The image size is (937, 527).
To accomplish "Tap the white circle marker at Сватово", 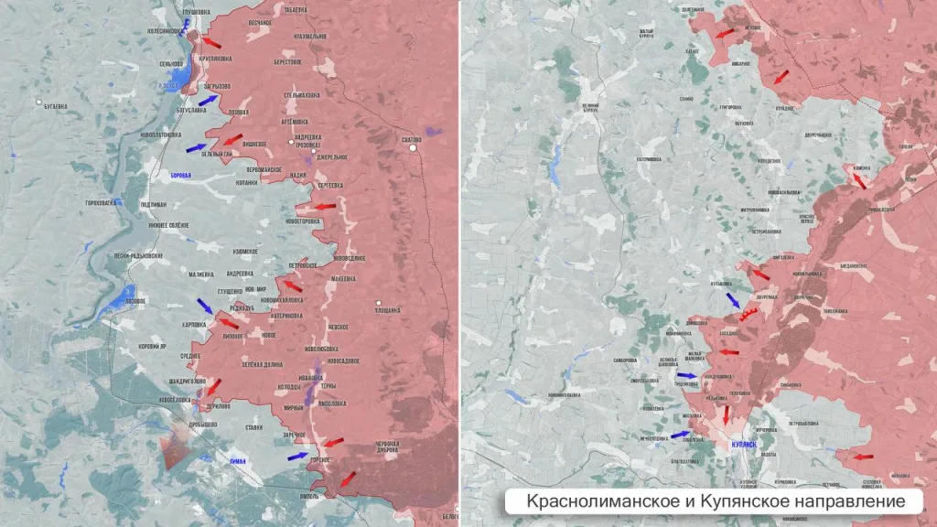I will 414,147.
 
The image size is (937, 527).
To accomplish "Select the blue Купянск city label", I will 743,444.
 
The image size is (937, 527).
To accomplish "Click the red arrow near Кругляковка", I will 211,42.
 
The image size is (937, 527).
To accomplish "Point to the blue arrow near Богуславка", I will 209,101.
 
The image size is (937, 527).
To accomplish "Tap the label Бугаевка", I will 55,106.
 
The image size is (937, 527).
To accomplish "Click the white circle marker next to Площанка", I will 378,303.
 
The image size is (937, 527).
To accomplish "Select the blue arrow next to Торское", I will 297,455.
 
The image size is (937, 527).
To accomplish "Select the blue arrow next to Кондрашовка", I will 686,375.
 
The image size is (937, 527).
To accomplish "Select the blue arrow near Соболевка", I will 680,435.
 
